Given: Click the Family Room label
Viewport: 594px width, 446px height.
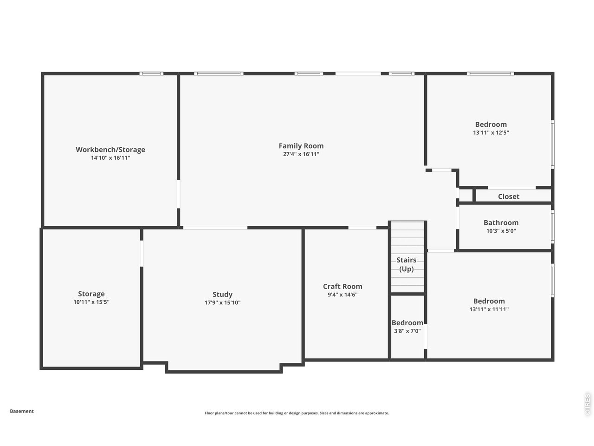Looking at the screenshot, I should [301, 146].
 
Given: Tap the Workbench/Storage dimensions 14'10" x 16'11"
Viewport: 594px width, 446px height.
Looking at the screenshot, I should [110, 158].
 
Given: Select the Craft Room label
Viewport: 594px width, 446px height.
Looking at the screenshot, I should [342, 287].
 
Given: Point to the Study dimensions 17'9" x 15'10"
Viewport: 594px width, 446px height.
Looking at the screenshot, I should [223, 302].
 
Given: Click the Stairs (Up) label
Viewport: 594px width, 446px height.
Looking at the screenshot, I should [407, 264].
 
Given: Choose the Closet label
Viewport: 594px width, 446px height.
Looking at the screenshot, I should [509, 197].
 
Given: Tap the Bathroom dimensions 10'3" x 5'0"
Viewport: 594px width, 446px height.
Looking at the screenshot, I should [501, 231].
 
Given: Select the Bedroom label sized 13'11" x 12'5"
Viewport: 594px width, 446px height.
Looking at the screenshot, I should [491, 125].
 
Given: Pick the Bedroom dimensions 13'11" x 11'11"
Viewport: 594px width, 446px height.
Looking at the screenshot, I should [489, 309].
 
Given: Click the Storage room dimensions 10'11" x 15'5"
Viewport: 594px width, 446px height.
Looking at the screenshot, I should [91, 302].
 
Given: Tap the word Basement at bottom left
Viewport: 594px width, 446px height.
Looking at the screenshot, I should [22, 411].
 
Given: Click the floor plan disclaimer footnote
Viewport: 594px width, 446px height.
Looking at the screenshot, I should [297, 413].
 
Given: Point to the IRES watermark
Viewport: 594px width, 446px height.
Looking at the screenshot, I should [588, 404].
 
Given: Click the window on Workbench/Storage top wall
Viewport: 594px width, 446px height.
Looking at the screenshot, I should [152, 73].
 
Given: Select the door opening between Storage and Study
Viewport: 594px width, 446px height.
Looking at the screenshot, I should [142, 253].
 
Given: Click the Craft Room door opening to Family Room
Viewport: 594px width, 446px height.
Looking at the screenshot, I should [362, 228].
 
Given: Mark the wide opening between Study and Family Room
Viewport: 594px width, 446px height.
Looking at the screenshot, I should [215, 228].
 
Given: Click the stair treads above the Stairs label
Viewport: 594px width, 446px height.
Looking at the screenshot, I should [407, 237].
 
